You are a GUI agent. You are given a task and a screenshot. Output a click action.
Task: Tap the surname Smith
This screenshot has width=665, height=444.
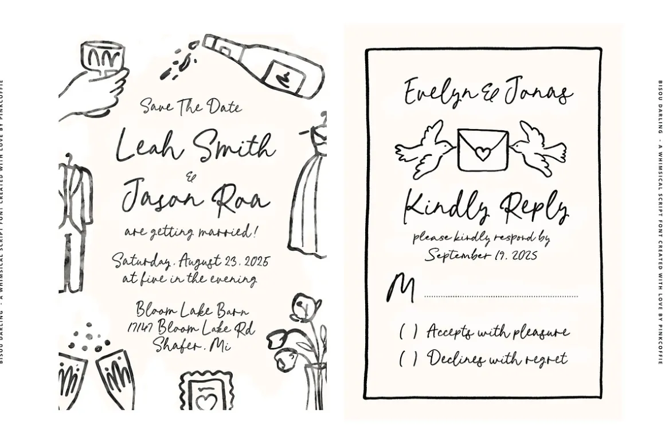click(x=234, y=145)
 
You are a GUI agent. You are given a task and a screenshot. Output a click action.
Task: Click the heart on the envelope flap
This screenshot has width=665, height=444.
click(x=482, y=153)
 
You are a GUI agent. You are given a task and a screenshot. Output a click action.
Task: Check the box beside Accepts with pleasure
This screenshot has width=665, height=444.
click(x=408, y=331)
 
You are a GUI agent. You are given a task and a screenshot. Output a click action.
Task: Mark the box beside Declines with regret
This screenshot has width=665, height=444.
click(x=408, y=359)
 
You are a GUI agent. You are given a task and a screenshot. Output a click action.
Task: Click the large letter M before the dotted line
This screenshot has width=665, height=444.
click(x=400, y=288)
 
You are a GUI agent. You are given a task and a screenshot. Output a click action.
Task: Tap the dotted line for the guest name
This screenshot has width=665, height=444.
click(x=501, y=296)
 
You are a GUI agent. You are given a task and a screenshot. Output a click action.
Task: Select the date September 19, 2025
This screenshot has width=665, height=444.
click(x=482, y=255)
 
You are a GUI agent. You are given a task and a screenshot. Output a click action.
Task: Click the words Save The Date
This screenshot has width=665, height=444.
click(x=191, y=106)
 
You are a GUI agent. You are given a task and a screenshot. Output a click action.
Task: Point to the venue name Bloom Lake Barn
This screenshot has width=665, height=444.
click(x=192, y=309)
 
